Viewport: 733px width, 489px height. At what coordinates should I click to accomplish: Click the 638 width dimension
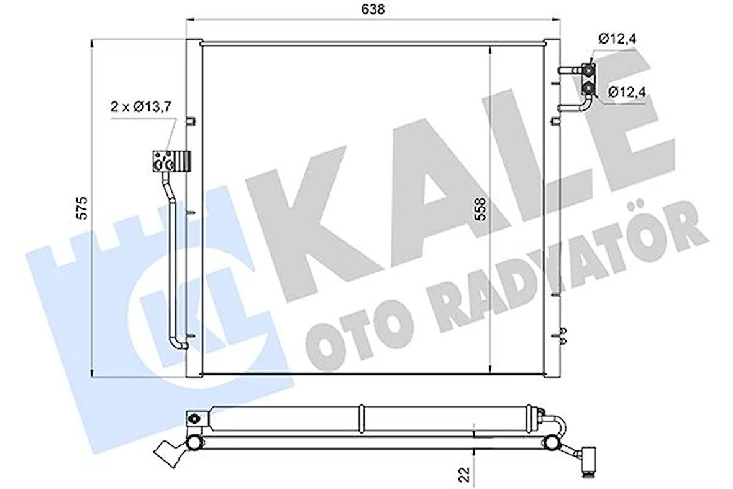coord(378,9)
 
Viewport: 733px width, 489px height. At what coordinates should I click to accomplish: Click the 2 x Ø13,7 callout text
coord(140,106)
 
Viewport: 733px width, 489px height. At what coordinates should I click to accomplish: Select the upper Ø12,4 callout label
coord(618,39)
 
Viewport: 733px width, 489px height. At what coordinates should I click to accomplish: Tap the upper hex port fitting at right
coord(588,70)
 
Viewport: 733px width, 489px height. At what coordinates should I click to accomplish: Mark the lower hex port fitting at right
coord(588,91)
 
